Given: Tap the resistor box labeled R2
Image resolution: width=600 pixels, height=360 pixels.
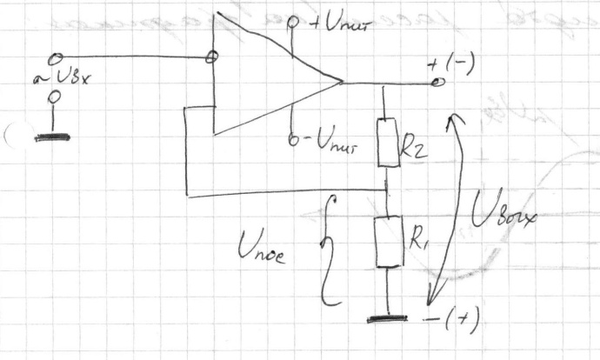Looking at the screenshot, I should point(388,143).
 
